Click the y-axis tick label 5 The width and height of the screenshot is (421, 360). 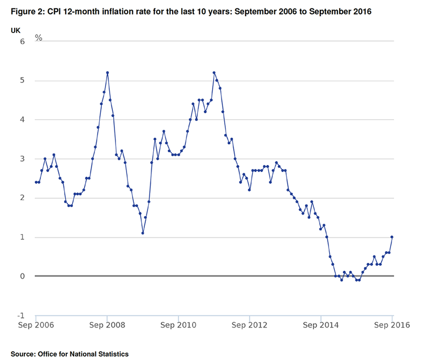click(x=23, y=80)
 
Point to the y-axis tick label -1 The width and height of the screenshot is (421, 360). click(x=22, y=315)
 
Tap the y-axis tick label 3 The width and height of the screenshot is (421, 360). click(x=23, y=158)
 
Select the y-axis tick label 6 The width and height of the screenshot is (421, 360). click(x=23, y=41)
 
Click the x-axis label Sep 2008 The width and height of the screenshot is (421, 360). click(x=107, y=326)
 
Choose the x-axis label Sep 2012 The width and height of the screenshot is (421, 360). click(x=250, y=326)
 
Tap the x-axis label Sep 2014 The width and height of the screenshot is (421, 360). click(x=321, y=326)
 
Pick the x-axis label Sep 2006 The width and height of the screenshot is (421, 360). click(x=36, y=326)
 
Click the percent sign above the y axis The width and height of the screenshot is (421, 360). click(x=38, y=37)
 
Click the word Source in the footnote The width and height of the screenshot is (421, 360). click(x=23, y=354)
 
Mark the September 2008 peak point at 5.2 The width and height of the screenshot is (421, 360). click(x=107, y=72)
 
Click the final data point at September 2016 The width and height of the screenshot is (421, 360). click(x=392, y=237)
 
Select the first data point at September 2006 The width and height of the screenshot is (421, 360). click(x=36, y=182)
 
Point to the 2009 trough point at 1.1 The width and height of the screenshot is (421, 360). click(x=143, y=233)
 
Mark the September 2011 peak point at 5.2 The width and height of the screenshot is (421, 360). click(x=214, y=72)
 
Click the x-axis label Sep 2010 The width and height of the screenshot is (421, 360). click(x=178, y=326)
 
